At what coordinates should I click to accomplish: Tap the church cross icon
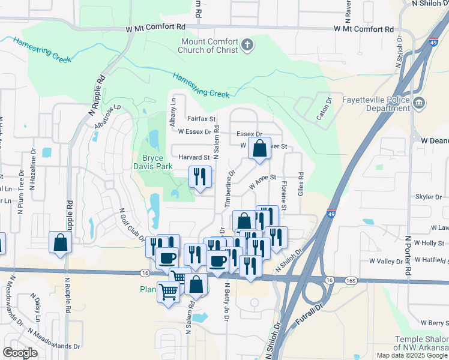[247, 44]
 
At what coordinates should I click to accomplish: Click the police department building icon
[419, 102]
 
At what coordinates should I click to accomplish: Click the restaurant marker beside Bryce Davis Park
[200, 177]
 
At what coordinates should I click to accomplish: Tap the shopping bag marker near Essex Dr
[259, 149]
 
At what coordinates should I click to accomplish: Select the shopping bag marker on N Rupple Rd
[61, 243]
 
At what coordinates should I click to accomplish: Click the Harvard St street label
[193, 157]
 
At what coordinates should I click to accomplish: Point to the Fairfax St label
[201, 119]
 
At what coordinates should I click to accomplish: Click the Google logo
[20, 353]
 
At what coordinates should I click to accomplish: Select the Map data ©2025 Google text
[412, 355]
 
